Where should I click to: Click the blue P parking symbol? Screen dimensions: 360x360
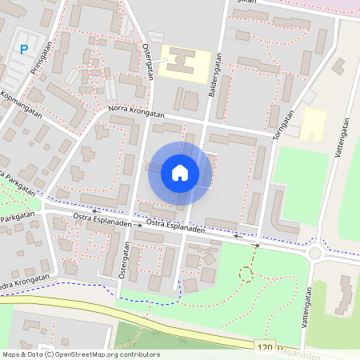coord(24,50)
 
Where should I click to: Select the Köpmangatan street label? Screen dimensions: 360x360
coord(22,105)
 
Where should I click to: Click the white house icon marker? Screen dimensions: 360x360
coord(180,173)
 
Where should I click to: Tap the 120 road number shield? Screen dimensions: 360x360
coord(266,346)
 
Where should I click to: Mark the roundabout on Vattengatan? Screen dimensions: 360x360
coord(314,254)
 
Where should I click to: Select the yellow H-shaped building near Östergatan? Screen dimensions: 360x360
coord(185,62)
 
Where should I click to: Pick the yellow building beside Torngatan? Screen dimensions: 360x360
coord(313,124)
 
